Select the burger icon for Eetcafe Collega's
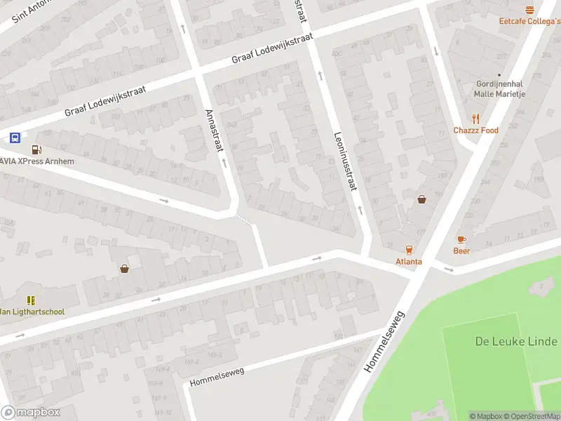pyautogui.click(x=529, y=10)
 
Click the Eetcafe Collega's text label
pyautogui.click(x=529, y=21)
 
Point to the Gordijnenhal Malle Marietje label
pyautogui.click(x=500, y=89)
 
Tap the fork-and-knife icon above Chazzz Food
pyautogui.click(x=476, y=119)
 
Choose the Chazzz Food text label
pyautogui.click(x=476, y=131)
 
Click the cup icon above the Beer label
pyautogui.click(x=461, y=239)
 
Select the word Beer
pyautogui.click(x=461, y=250)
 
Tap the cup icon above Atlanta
pyautogui.click(x=409, y=250)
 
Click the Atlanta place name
pyautogui.click(x=409, y=262)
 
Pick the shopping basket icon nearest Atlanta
pyautogui.click(x=422, y=199)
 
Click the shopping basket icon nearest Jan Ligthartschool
pyautogui.click(x=125, y=268)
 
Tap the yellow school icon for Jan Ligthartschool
pyautogui.click(x=31, y=300)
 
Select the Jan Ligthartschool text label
pyautogui.click(x=32, y=312)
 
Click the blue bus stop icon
pyautogui.click(x=15, y=138)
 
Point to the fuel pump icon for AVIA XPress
pyautogui.click(x=36, y=149)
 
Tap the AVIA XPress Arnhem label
pyautogui.click(x=38, y=161)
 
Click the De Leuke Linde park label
pyautogui.click(x=518, y=342)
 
